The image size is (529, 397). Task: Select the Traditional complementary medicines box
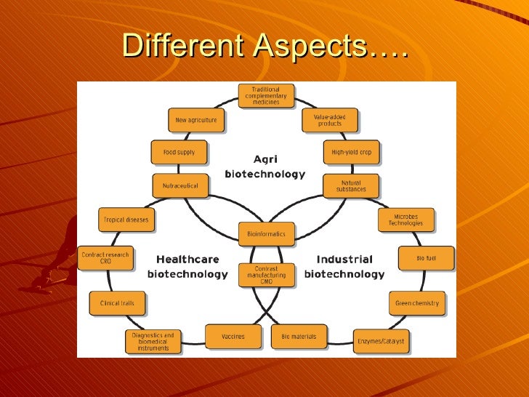click(265, 95)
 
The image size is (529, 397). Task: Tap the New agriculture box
click(195, 120)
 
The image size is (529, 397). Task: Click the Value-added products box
click(329, 120)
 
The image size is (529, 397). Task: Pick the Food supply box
click(179, 152)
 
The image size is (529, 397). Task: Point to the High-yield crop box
click(351, 152)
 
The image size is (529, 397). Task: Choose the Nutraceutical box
click(180, 185)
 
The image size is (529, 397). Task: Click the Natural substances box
click(351, 185)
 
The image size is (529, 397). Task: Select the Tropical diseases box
click(126, 220)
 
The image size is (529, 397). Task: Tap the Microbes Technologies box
click(405, 220)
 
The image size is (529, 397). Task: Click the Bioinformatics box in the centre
click(267, 234)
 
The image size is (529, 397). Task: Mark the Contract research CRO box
click(105, 257)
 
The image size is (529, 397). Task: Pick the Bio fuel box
click(426, 257)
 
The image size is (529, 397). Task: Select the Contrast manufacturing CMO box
click(267, 275)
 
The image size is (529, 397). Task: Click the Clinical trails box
click(117, 302)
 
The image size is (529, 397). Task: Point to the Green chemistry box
click(417, 302)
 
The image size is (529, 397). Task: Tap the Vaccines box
click(233, 337)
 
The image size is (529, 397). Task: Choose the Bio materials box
click(299, 337)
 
